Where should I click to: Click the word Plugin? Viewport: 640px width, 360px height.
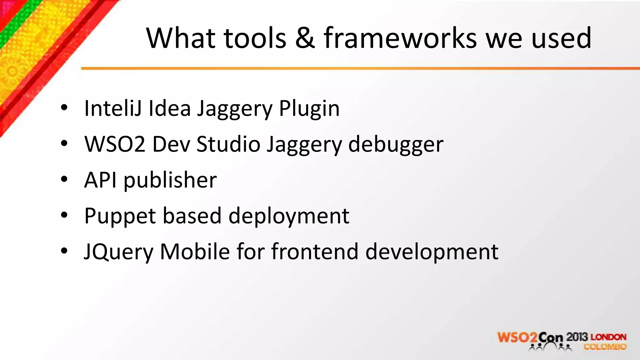pos(309,108)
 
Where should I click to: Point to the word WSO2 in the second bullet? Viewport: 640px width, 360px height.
pos(115,144)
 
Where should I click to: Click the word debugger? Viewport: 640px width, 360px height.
pos(396,144)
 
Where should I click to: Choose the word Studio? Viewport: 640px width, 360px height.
pos(228,144)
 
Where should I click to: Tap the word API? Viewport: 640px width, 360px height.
pos(100,180)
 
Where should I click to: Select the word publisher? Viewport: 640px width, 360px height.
pos(170,180)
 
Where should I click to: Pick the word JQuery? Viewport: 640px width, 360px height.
pos(119,252)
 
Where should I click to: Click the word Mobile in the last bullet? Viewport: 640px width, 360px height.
pos(195,252)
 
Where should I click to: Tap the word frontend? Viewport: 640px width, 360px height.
pos(315,252)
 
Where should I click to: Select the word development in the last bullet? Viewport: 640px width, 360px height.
pos(432,252)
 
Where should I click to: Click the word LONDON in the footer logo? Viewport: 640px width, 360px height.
pos(608,337)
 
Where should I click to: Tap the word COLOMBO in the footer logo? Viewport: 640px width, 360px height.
pos(605,347)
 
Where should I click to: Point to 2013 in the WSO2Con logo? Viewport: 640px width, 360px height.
pos(577,337)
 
